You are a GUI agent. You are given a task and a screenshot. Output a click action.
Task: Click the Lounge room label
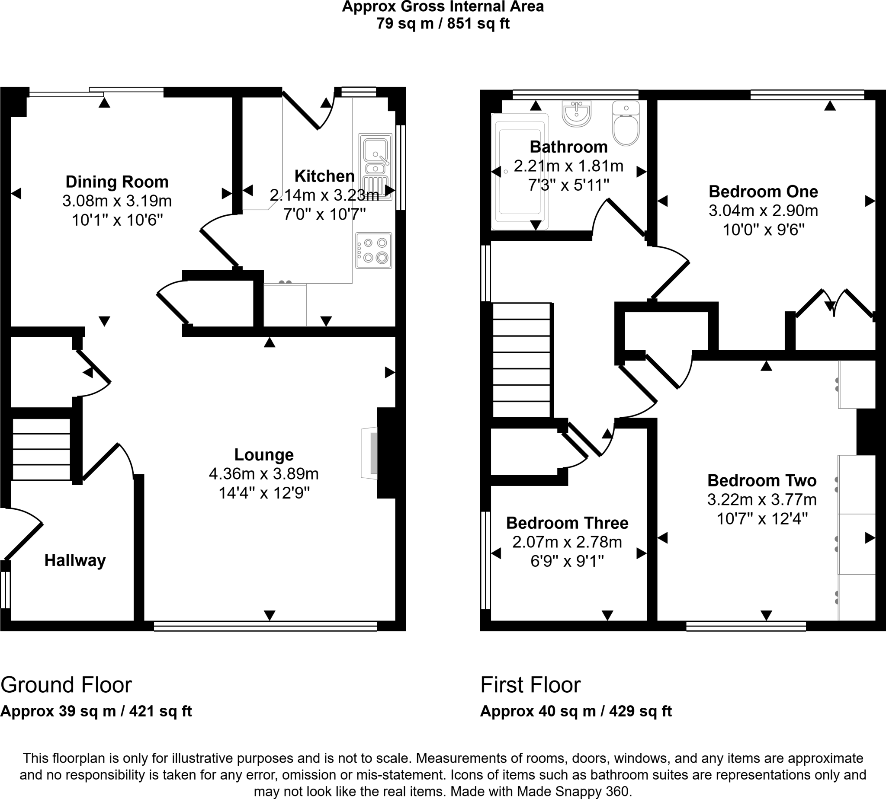(x=263, y=455)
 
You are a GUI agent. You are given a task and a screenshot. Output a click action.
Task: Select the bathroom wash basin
(x=576, y=114)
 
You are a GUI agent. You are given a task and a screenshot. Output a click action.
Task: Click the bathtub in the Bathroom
(x=520, y=171)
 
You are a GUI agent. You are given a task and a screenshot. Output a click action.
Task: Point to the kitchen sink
(x=375, y=156)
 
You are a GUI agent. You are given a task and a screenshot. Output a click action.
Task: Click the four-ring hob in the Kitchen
(x=374, y=251)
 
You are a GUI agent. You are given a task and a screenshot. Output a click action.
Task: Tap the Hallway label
(x=75, y=561)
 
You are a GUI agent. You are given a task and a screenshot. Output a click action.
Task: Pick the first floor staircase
(x=521, y=360)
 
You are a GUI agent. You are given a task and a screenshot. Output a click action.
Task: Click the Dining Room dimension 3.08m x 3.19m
(x=117, y=201)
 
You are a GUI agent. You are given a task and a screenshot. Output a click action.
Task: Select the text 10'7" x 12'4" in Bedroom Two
(x=762, y=519)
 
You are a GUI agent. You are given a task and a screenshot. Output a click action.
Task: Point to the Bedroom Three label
(x=567, y=523)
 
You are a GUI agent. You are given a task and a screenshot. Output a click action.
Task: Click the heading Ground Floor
(x=66, y=685)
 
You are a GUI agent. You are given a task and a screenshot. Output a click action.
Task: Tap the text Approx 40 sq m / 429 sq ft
(x=576, y=711)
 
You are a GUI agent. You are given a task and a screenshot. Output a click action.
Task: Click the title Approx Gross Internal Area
(x=443, y=7)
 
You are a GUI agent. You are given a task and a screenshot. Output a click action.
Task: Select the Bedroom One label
(x=763, y=192)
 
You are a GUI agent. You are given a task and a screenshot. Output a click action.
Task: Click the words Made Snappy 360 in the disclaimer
(x=573, y=791)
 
